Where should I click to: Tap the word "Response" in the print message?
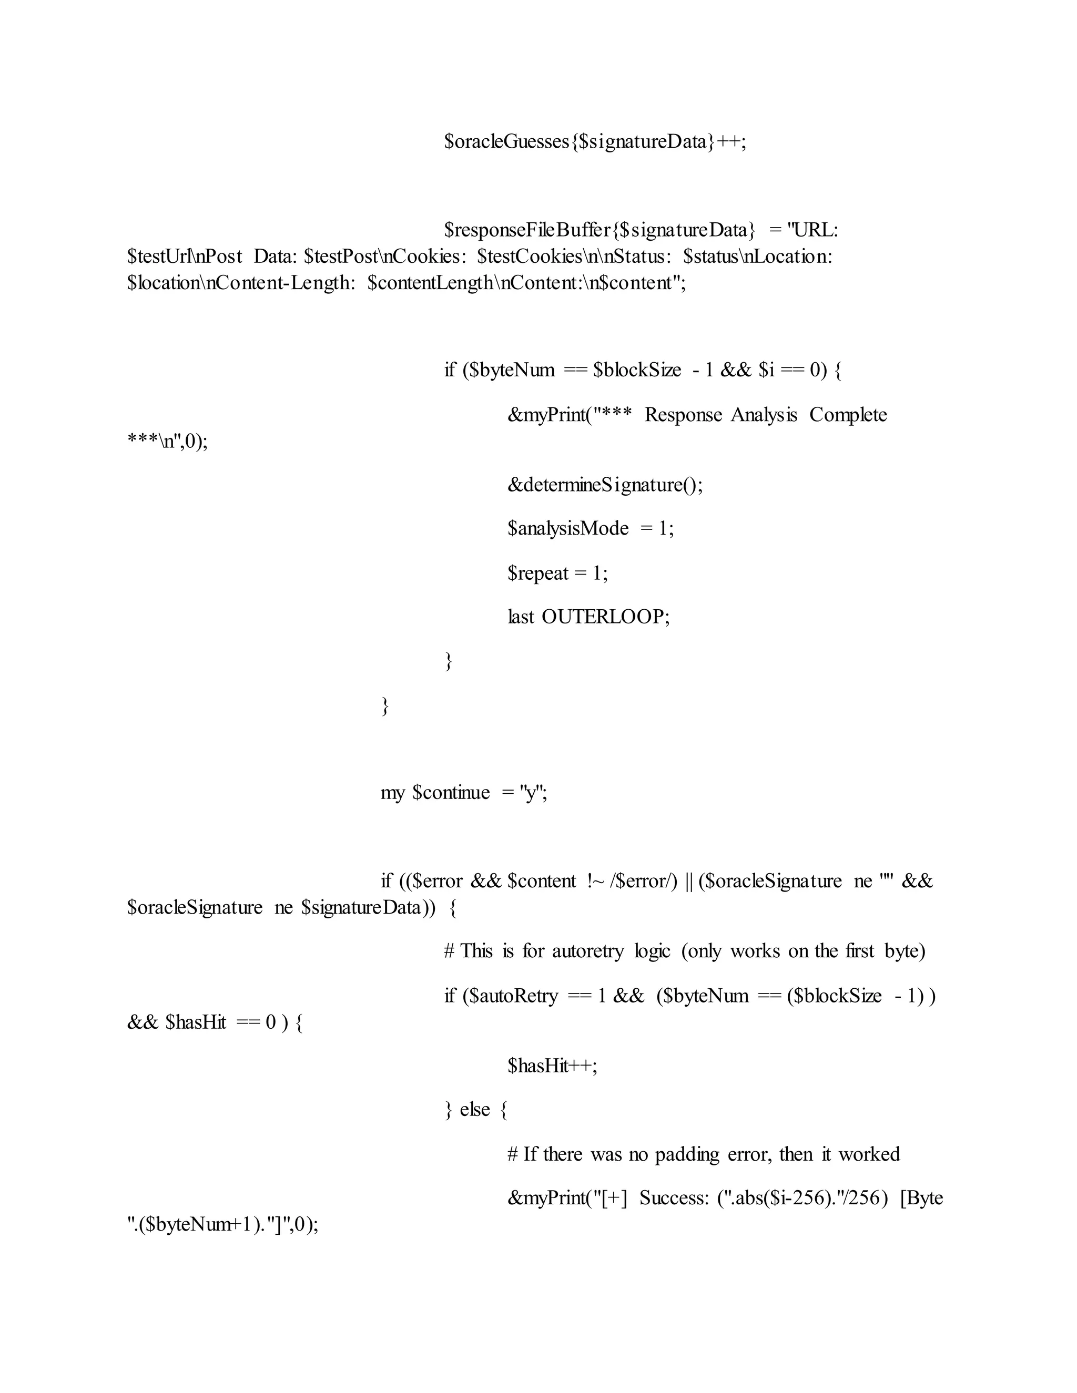pos(683,415)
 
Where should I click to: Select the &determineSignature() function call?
pos(605,485)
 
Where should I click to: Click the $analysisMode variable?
pos(568,529)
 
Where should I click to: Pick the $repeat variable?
pos(538,573)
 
